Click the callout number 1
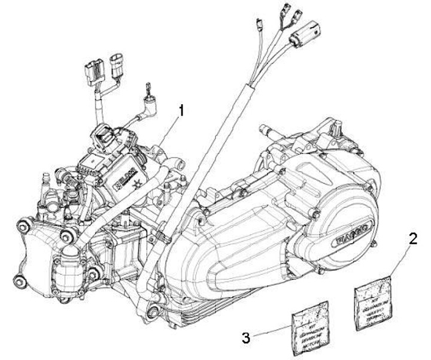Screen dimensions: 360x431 tap(181, 110)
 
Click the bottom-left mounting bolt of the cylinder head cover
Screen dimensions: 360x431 tap(20, 280)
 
